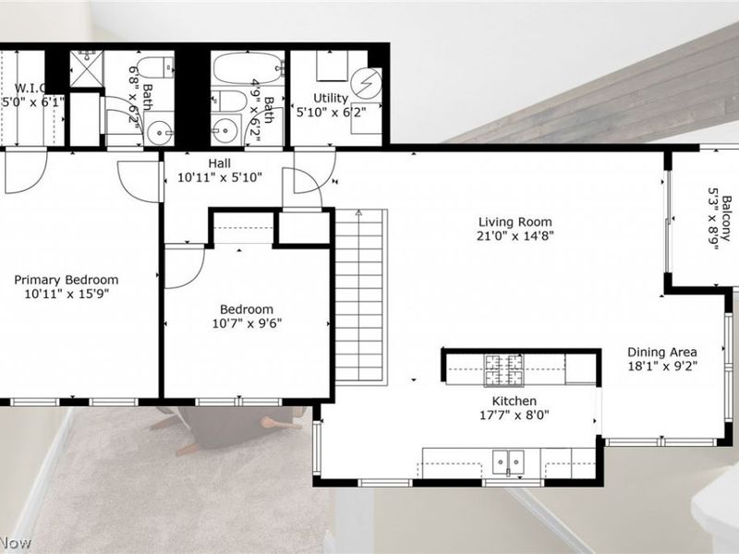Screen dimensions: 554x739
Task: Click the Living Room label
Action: pyautogui.click(x=515, y=222)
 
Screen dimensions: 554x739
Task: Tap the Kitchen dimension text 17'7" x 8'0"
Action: pyautogui.click(x=502, y=415)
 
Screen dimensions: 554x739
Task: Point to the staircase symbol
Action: pyautogui.click(x=360, y=295)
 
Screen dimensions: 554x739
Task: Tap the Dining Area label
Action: pyautogui.click(x=661, y=351)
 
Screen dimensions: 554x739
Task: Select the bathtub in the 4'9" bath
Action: pyautogui.click(x=248, y=67)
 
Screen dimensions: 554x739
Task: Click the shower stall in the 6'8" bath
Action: pyautogui.click(x=87, y=69)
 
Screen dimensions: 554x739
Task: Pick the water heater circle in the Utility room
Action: pyautogui.click(x=369, y=81)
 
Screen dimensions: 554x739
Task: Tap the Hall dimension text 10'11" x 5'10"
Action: pyautogui.click(x=219, y=178)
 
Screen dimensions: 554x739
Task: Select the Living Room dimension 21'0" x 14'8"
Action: pyautogui.click(x=515, y=235)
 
